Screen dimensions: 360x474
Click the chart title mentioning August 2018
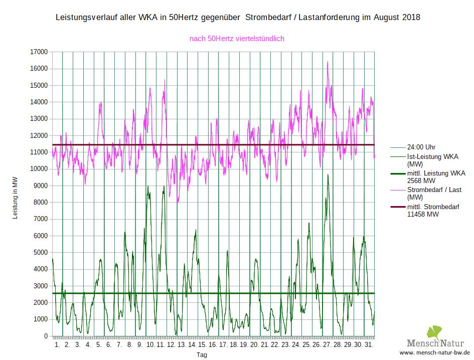237,18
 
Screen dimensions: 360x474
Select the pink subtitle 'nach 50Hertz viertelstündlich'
237,38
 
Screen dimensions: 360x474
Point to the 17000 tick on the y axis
39,52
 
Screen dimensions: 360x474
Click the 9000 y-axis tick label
41,186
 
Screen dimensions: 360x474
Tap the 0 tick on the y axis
46,336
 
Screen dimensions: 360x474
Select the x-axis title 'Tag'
202,355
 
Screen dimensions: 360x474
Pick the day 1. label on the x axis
57,345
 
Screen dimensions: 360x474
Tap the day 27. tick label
327,345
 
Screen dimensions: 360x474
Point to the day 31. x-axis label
369,345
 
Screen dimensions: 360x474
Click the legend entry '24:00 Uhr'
421,147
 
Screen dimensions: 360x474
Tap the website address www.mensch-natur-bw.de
434,352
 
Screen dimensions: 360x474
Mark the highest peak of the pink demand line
328,62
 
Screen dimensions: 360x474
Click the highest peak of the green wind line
328,174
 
